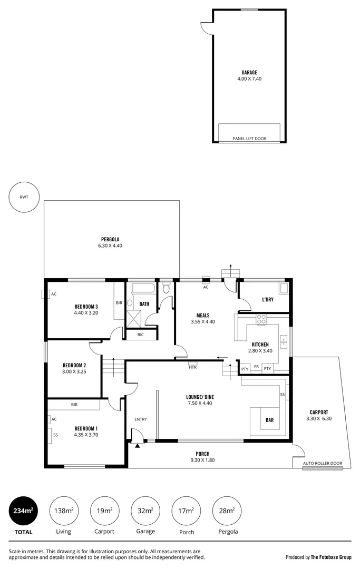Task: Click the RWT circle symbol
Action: (24, 197)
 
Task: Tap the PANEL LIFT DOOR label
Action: (249, 139)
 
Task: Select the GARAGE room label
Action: (249, 73)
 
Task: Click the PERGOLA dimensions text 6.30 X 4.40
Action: (110, 246)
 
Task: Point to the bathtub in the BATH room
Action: (142, 288)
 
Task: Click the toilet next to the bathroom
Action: (167, 288)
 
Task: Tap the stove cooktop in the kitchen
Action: (261, 320)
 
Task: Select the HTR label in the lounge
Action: (192, 367)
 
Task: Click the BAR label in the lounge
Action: (269, 420)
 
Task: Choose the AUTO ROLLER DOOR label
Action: (322, 464)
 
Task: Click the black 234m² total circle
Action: (23, 511)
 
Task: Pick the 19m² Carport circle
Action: (104, 511)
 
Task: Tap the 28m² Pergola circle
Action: (228, 511)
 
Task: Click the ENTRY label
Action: (141, 419)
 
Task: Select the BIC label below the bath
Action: (140, 335)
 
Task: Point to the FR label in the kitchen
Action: (256, 367)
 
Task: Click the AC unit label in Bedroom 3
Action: (54, 293)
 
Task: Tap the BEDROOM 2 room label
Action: (74, 365)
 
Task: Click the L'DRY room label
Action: (268, 299)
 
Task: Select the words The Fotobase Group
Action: (330, 557)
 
